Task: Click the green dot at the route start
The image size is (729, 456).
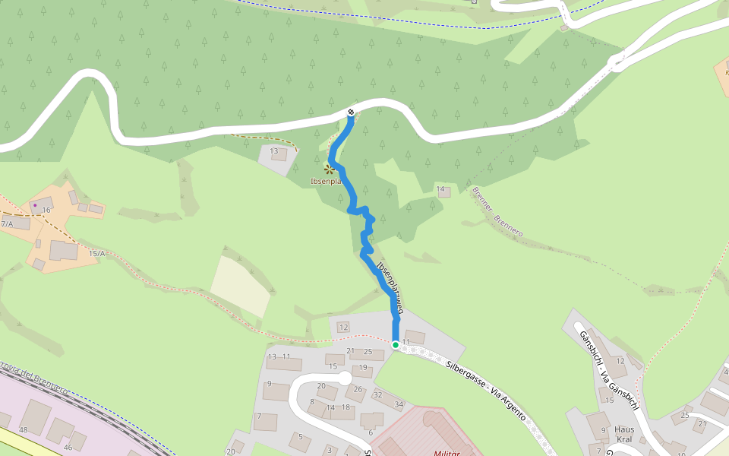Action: pos(396,344)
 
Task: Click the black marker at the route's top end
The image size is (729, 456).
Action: pos(350,112)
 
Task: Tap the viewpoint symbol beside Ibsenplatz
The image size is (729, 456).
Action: pos(329,169)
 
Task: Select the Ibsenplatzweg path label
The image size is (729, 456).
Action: pos(388,285)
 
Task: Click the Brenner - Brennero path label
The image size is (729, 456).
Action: pos(497,212)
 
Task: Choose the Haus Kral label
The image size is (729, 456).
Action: pos(624,434)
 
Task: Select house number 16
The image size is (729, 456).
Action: pos(46,210)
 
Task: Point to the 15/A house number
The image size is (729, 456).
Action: pos(96,253)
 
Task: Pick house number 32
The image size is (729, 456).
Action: pos(378,394)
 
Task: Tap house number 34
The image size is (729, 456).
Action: pos(399,404)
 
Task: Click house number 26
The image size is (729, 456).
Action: pos(358,389)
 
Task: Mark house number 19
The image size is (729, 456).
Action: pos(363,367)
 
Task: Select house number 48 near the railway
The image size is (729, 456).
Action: pos(23,430)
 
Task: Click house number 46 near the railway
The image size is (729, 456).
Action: pos(68,447)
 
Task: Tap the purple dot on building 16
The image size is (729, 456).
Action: pos(35,205)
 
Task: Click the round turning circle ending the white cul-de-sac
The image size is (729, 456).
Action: pos(345,378)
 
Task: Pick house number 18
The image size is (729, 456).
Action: pos(346,407)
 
